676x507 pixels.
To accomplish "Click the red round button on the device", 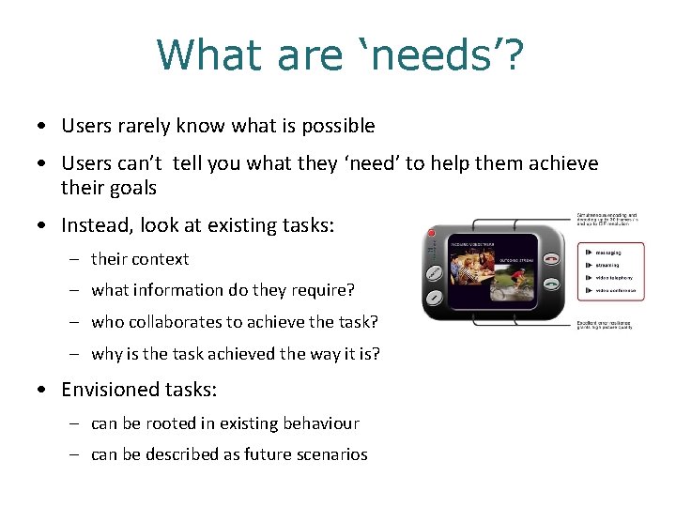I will [x=431, y=233].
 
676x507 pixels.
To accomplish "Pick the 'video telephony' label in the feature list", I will [x=614, y=278].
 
